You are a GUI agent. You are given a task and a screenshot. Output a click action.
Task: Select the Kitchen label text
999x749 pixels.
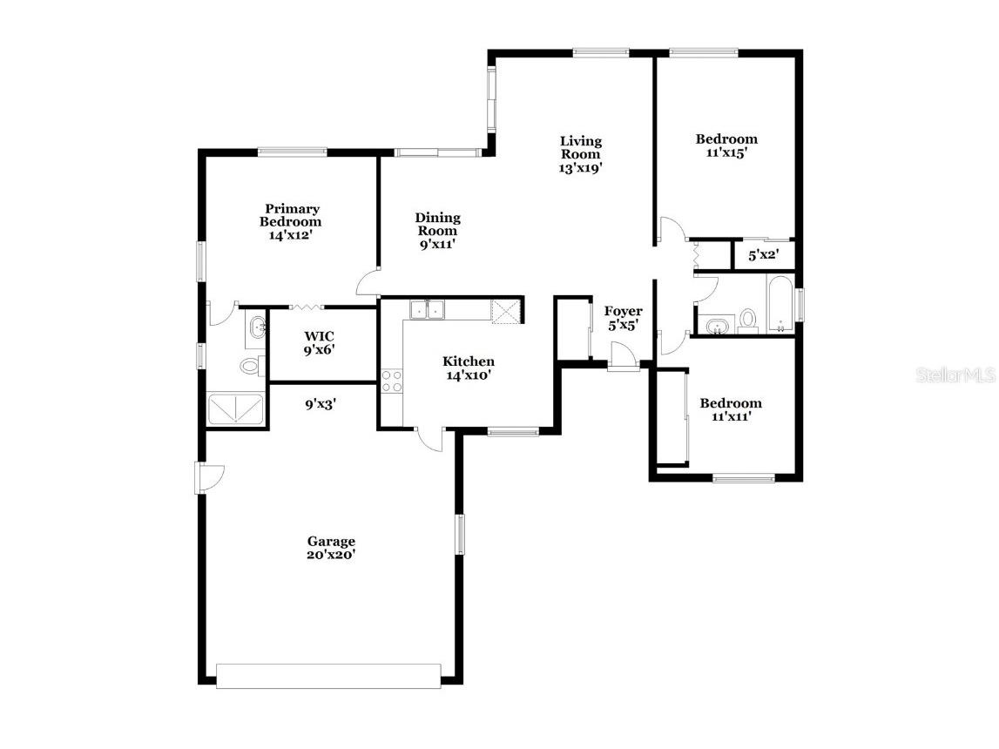tap(469, 361)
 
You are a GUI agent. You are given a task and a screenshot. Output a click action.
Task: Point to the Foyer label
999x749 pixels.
tap(624, 311)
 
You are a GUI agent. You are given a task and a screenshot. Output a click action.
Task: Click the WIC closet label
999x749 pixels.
tap(320, 336)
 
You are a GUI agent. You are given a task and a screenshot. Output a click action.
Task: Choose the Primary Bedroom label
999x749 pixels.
tap(292, 215)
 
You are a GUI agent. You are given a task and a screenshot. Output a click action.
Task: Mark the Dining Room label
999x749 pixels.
tap(437, 225)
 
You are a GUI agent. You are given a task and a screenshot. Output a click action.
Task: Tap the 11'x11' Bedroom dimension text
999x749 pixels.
tap(730, 416)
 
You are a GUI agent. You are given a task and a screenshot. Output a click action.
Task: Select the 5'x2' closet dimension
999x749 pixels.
tap(764, 255)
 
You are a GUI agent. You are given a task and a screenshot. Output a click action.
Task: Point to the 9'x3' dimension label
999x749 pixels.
tap(321, 404)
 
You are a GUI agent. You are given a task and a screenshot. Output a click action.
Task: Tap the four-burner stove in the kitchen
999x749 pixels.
tap(391, 381)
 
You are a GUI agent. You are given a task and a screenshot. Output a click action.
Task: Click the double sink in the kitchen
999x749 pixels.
tap(427, 309)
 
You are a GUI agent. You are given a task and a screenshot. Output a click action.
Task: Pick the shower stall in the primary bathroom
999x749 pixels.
tap(236, 409)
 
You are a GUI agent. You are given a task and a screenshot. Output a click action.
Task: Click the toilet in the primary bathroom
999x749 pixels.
tap(249, 366)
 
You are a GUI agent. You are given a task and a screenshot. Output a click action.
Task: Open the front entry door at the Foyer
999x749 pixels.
tap(623, 357)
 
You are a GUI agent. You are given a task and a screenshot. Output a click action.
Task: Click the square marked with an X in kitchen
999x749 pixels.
tap(504, 311)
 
